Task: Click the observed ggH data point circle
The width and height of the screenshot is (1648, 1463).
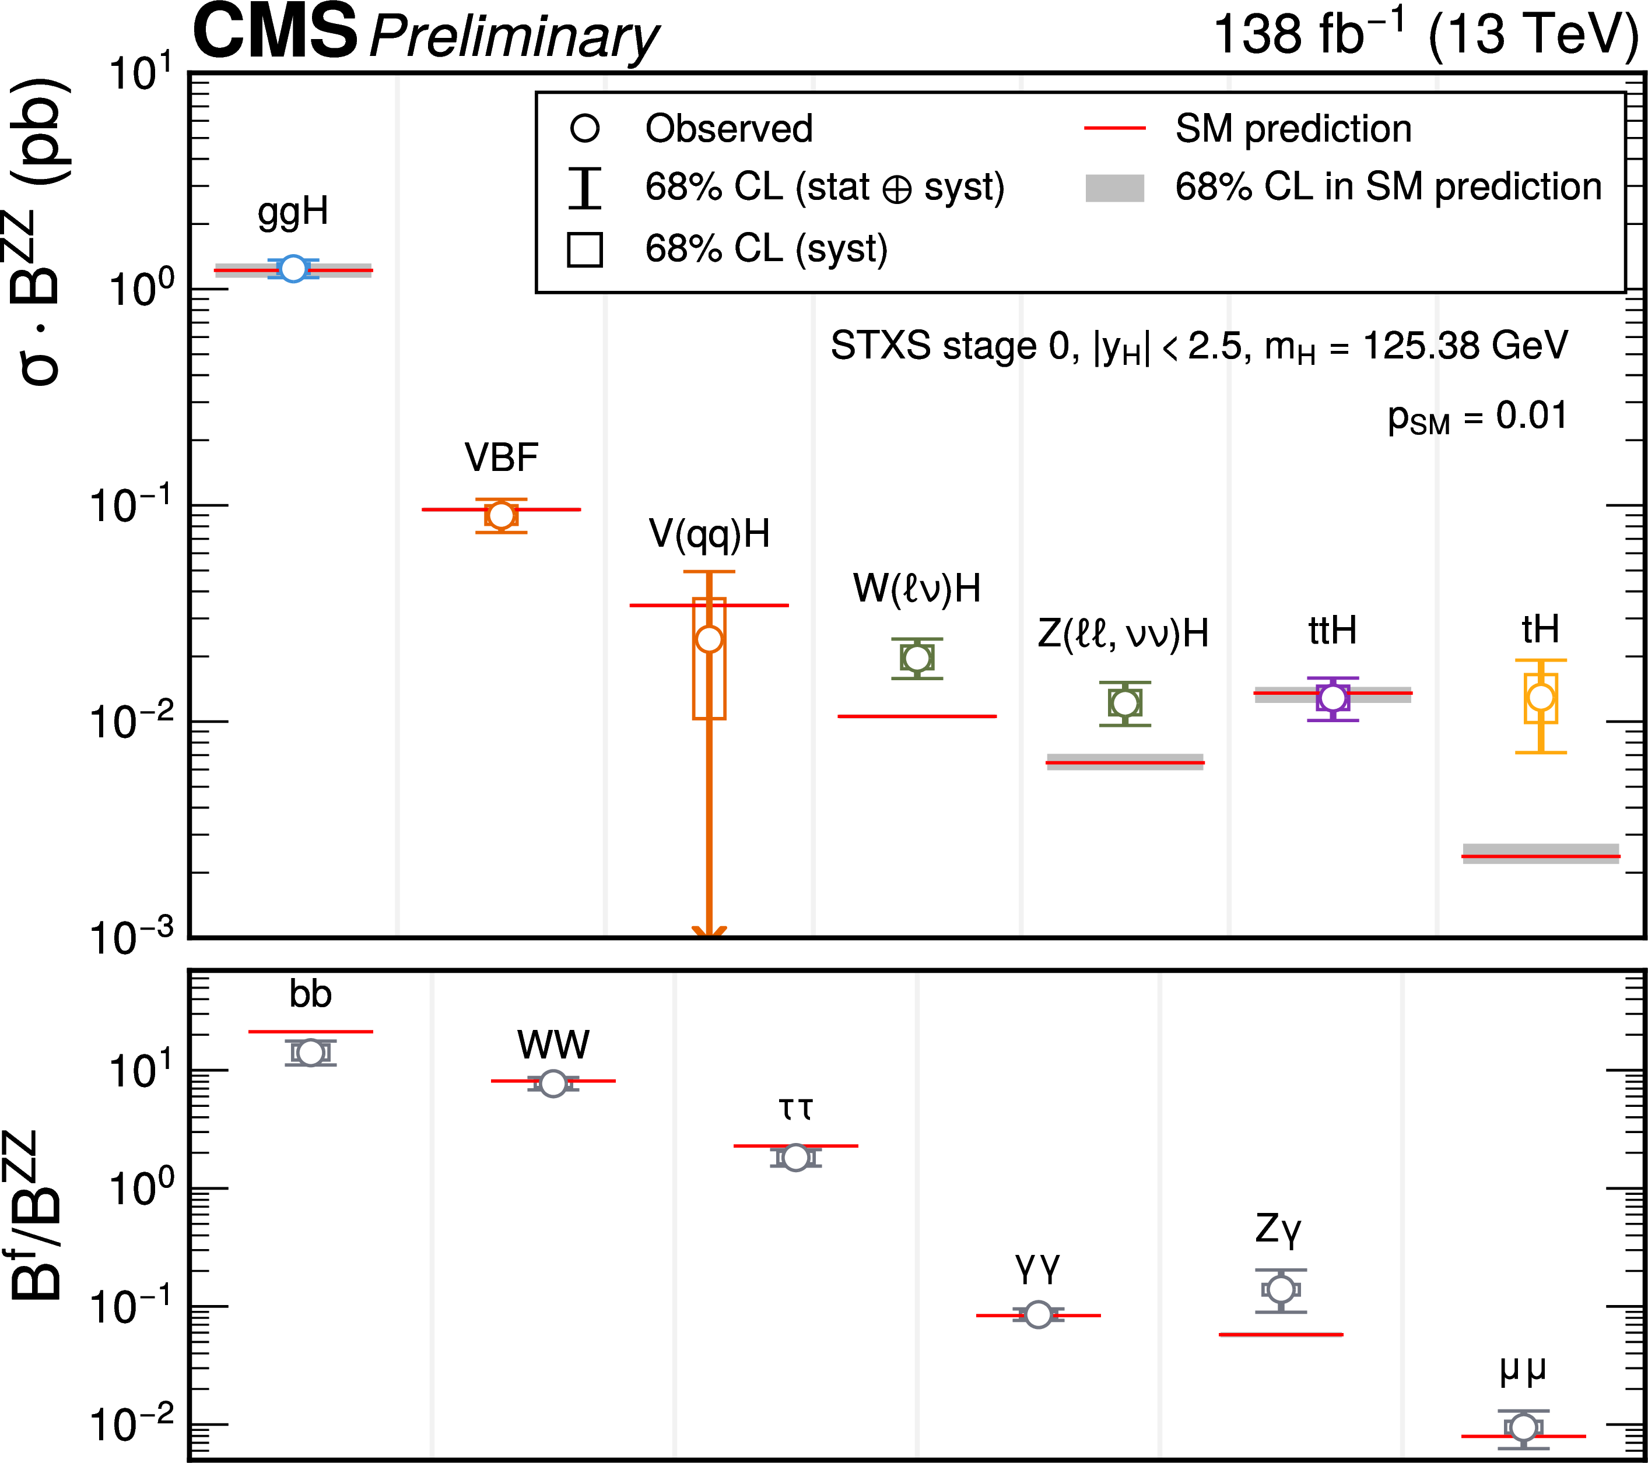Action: tap(293, 269)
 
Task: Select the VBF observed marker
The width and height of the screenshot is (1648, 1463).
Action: tap(501, 515)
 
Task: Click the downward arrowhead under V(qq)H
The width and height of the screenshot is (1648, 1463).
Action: tap(709, 933)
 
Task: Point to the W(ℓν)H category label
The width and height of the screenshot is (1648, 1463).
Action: tap(917, 589)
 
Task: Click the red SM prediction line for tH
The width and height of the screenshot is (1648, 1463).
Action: tap(1540, 856)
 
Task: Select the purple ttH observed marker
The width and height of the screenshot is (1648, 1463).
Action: tap(1333, 697)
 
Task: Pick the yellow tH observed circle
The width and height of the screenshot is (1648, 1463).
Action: tap(1541, 697)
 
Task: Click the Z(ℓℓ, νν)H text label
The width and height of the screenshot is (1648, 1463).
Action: tap(1123, 634)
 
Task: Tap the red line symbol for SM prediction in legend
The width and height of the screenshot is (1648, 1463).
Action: tap(1115, 128)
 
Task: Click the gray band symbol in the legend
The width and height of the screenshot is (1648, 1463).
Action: tap(1115, 188)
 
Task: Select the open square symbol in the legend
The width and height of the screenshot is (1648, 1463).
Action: tap(584, 249)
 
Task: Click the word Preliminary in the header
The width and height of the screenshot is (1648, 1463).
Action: tap(514, 37)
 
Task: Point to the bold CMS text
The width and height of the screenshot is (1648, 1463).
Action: tap(275, 32)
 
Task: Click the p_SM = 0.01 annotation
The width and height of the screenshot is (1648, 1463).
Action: tap(1477, 417)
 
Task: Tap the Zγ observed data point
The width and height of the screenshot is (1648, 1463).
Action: tap(1281, 1290)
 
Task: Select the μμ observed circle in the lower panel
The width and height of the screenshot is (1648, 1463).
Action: tap(1523, 1427)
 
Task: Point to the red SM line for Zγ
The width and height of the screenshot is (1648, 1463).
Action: tap(1281, 1335)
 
